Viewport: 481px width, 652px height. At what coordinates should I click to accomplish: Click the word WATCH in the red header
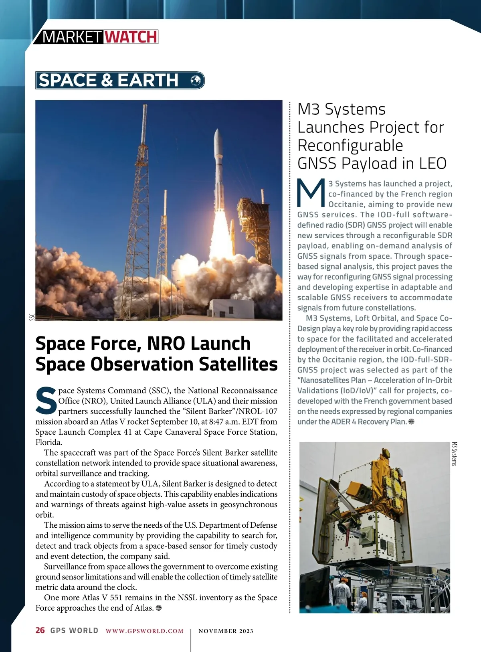pos(131,37)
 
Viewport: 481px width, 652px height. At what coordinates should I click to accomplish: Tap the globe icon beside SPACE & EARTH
pos(196,80)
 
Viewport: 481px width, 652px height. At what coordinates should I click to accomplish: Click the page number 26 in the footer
pos(40,630)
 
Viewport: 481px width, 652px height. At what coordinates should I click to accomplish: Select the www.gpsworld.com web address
pos(144,631)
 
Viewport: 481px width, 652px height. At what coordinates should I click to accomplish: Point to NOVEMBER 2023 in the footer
pos(226,631)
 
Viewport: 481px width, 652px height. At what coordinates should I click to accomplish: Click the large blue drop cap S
pos(46,401)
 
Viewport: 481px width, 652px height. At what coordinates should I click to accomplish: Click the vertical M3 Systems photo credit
pos(455,454)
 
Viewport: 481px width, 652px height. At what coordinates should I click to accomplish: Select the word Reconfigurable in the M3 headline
pos(350,145)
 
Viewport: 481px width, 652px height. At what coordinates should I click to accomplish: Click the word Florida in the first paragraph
pos(49,442)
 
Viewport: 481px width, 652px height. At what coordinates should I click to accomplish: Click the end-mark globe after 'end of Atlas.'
pos(159,608)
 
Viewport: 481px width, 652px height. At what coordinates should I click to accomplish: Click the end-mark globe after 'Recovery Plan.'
pos(411,422)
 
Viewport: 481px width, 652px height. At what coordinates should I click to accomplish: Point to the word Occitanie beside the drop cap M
pos(346,205)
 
